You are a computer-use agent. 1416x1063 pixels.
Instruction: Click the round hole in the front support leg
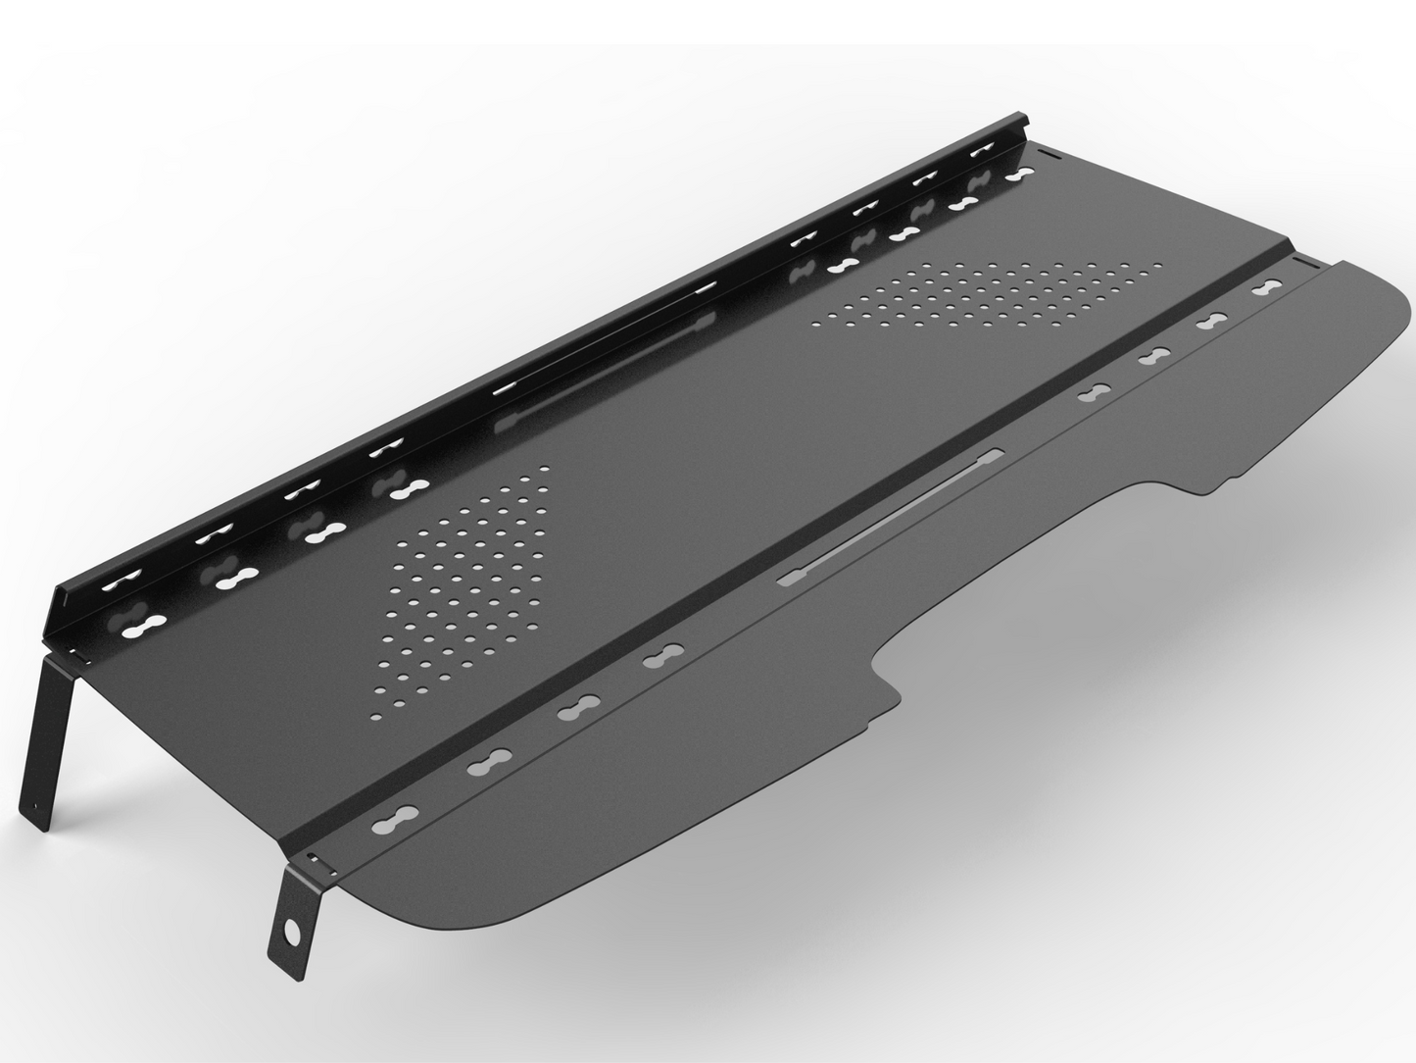[x=292, y=928]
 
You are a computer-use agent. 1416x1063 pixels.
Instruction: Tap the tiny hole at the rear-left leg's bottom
[x=40, y=810]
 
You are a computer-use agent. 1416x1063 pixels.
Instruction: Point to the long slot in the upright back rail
[x=608, y=338]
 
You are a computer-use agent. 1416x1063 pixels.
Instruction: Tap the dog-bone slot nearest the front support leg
[x=397, y=816]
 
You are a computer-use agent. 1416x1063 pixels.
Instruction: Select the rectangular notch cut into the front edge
[x=1029, y=569]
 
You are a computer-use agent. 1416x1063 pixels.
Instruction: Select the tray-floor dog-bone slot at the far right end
[x=1019, y=175]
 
